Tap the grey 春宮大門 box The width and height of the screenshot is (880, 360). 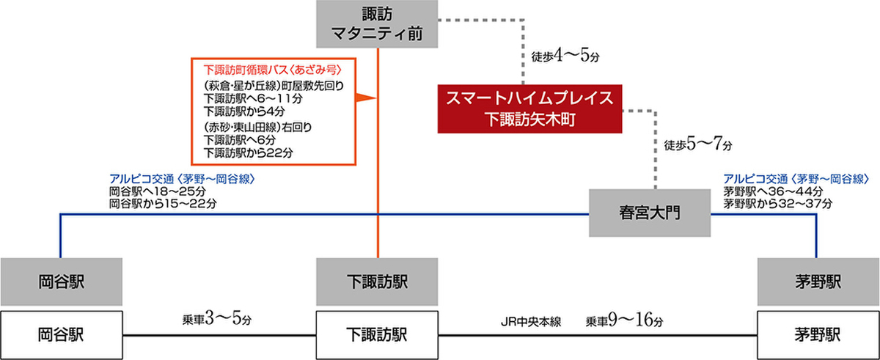[650, 213]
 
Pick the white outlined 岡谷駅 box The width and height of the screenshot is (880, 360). [60, 334]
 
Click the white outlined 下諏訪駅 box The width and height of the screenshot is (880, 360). [377, 334]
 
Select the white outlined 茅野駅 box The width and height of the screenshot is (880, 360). [817, 334]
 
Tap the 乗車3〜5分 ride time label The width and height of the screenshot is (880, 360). [216, 320]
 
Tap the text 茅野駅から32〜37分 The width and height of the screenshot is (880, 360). [777, 202]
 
